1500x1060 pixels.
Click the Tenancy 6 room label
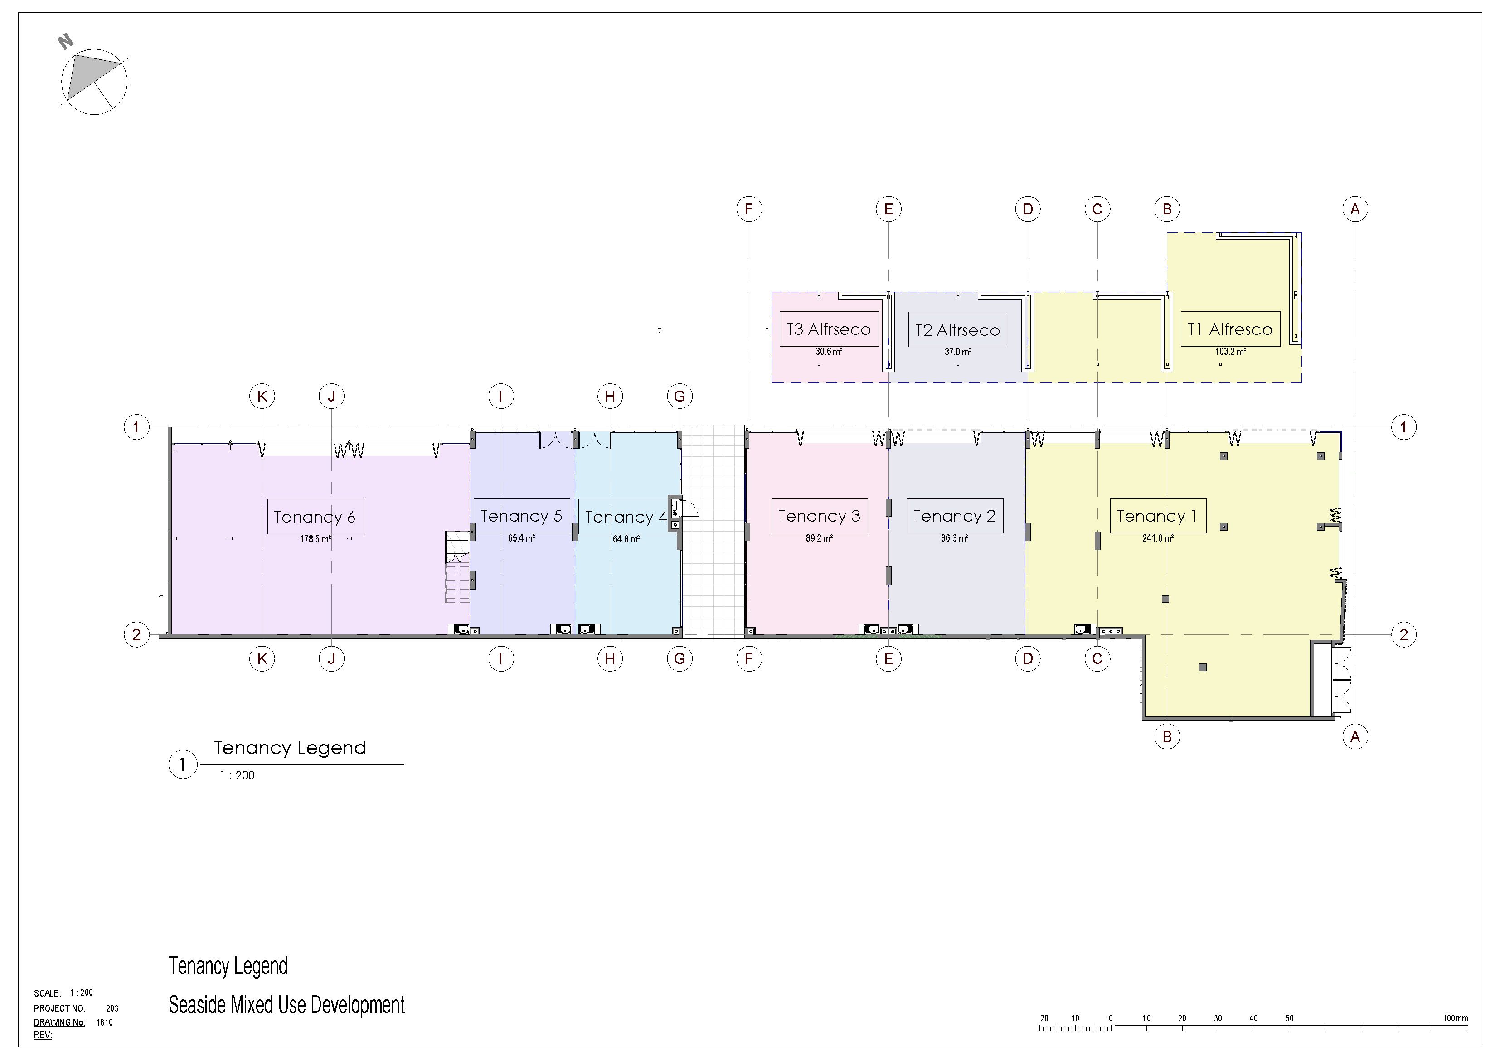[x=316, y=517]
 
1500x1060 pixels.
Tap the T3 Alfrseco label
[x=828, y=329]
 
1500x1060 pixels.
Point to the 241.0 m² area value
[x=1158, y=539]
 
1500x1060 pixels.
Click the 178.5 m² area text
[x=316, y=539]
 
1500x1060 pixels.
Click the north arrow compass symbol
[x=94, y=82]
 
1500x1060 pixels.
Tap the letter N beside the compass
[x=65, y=42]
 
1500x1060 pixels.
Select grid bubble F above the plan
[x=749, y=209]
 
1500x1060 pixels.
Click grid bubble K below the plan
[x=262, y=658]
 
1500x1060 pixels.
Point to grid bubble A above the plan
[x=1355, y=209]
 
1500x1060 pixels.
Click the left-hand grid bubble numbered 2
[x=136, y=634]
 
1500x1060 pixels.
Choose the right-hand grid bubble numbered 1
[x=1403, y=427]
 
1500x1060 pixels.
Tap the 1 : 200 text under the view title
[x=237, y=775]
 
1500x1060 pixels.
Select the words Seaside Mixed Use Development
[x=287, y=1005]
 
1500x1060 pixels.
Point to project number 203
[x=112, y=1008]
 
